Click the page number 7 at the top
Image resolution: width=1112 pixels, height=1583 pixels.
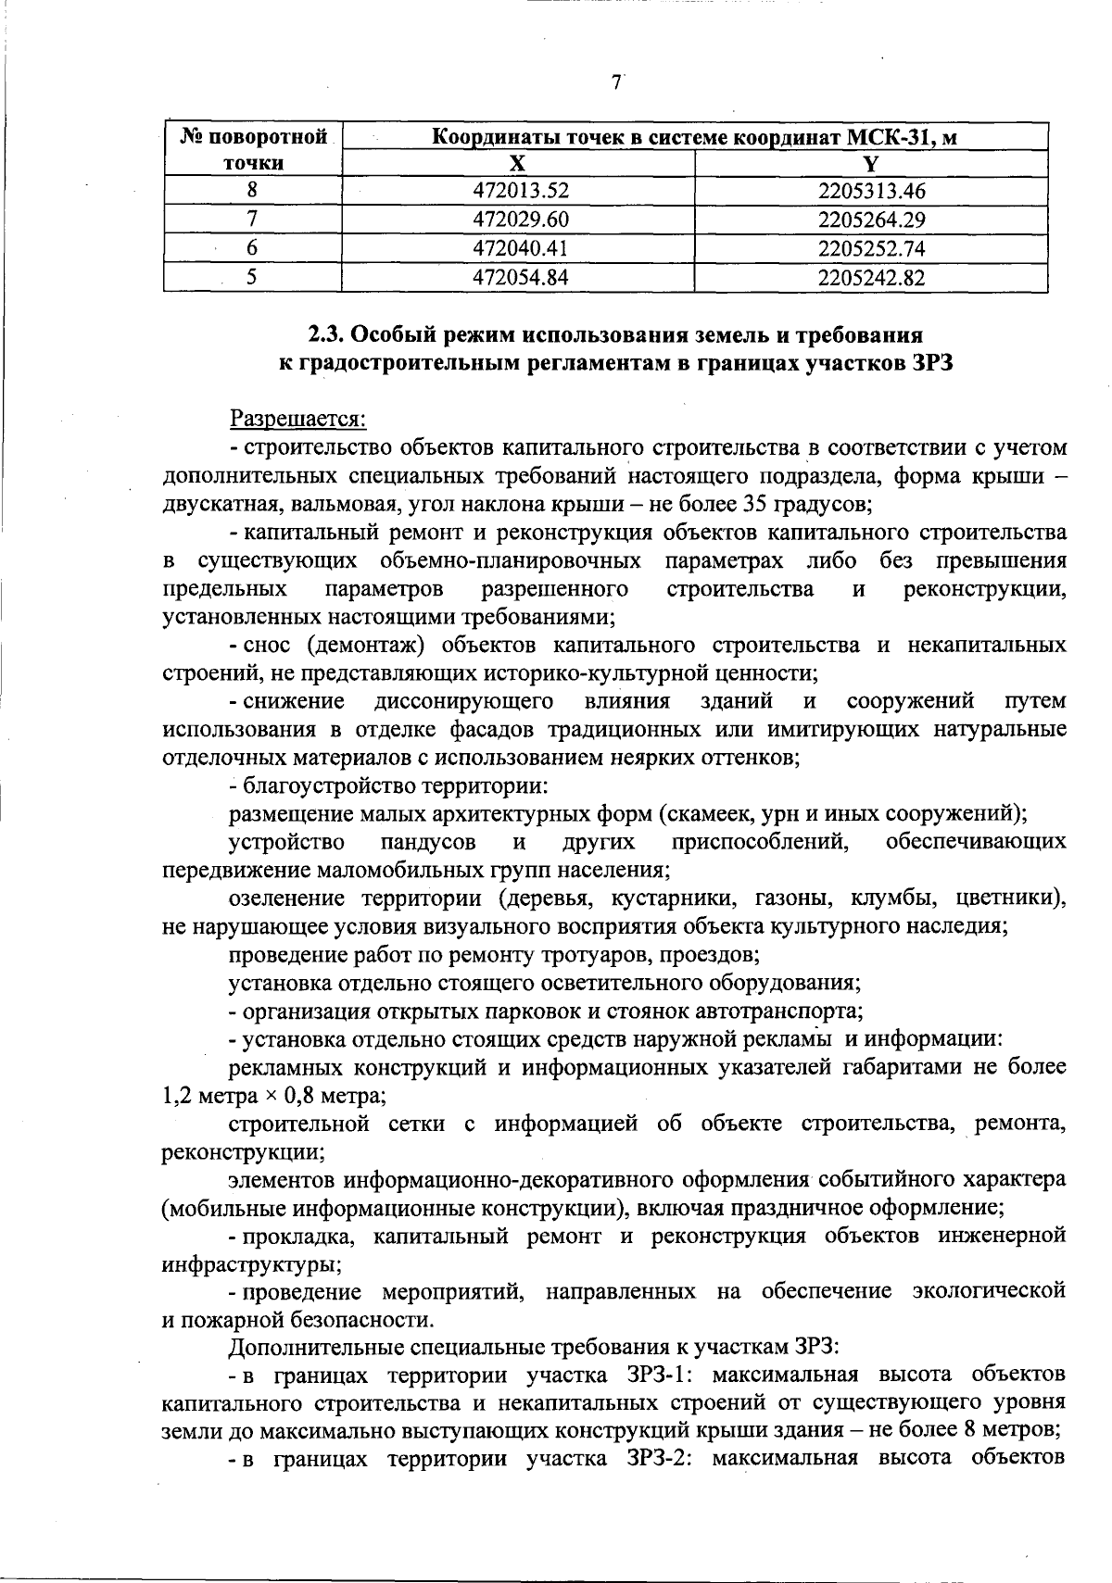tap(616, 82)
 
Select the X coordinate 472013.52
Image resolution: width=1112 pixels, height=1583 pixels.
tap(519, 192)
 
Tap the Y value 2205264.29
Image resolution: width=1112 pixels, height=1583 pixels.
tap(871, 220)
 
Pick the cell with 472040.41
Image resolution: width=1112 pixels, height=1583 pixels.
tap(519, 249)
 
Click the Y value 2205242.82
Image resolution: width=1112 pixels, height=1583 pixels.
tap(871, 278)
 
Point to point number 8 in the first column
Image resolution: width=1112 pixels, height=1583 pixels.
tap(252, 192)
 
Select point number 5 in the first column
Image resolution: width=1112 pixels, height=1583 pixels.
tap(252, 278)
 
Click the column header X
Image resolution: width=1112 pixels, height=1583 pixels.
tap(518, 164)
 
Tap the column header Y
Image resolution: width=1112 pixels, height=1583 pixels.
tap(870, 164)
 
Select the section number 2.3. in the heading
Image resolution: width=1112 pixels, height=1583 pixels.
tap(326, 334)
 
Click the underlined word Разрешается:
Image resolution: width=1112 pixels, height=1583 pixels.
tap(298, 420)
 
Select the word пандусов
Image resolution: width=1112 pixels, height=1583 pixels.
tap(429, 843)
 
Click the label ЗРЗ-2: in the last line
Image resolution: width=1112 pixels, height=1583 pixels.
tap(649, 1457)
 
